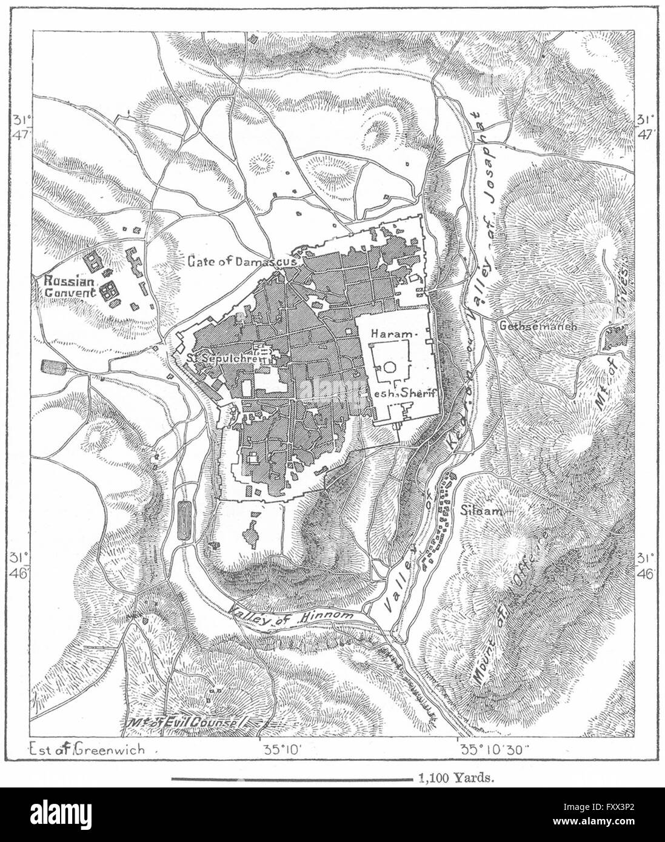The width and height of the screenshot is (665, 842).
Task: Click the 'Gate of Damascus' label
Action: tap(241, 261)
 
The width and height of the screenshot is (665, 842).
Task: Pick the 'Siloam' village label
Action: tap(482, 510)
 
